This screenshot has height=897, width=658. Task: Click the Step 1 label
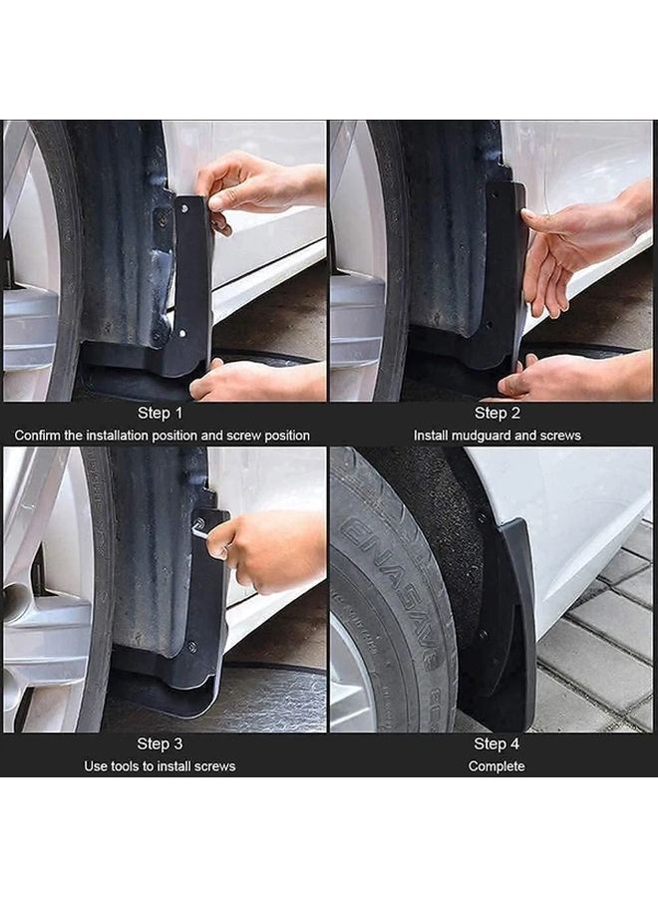(x=161, y=413)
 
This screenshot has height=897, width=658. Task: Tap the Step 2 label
(x=496, y=413)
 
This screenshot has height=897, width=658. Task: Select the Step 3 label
(x=161, y=744)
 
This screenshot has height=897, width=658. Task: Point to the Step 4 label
(x=496, y=744)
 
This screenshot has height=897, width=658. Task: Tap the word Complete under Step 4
(x=496, y=766)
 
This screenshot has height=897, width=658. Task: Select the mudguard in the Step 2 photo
(x=502, y=279)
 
